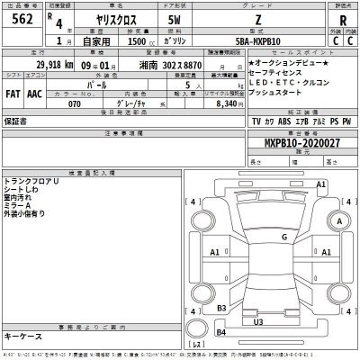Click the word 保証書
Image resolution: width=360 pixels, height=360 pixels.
(x=16, y=119)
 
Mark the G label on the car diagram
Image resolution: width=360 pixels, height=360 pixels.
(x=283, y=236)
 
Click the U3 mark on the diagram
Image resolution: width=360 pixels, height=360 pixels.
(x=257, y=320)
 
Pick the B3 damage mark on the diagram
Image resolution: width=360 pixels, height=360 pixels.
(x=220, y=307)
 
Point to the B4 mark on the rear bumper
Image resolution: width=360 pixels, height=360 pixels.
(x=221, y=334)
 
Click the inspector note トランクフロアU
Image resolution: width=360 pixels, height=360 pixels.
(x=32, y=181)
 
